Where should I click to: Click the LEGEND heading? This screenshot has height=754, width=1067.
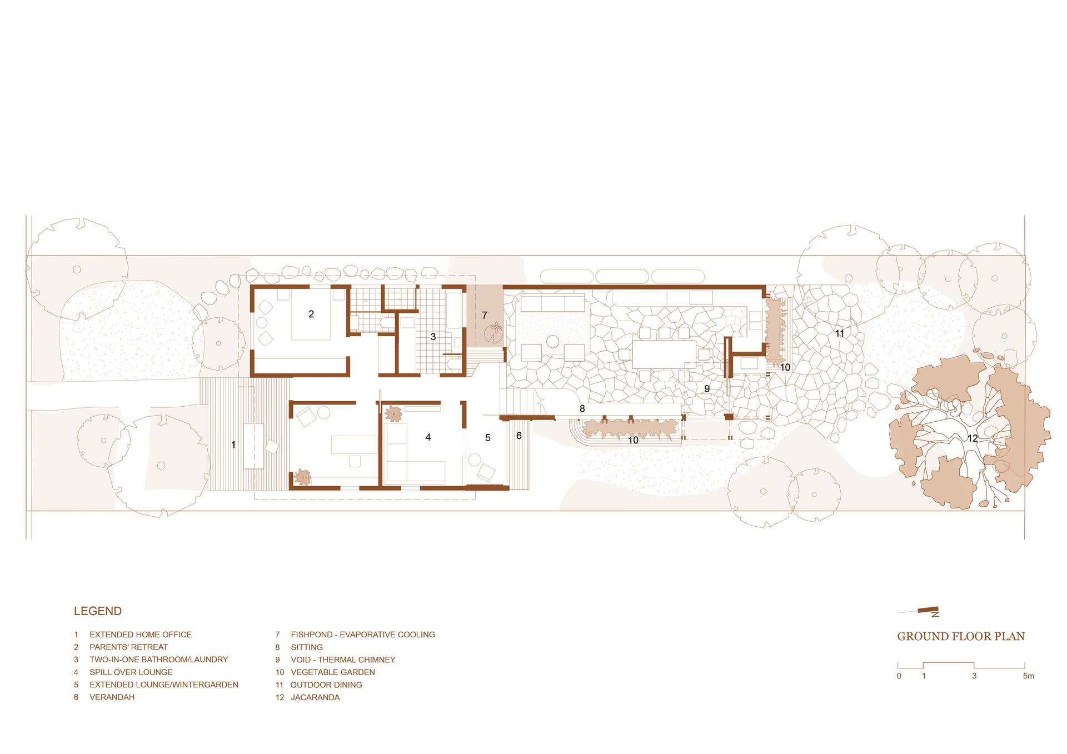point(98,611)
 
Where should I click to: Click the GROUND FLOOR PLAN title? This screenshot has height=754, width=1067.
point(961,637)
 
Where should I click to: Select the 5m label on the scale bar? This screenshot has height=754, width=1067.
point(1028,676)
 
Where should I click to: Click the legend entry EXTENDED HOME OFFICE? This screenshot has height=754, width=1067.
point(141,635)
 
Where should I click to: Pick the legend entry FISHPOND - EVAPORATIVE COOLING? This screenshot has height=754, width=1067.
point(363,635)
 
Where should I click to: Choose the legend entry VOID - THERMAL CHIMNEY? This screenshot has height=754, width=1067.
point(343,660)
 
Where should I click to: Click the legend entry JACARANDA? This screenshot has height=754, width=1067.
point(315,697)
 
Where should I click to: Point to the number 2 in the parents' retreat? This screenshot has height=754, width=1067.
point(311,314)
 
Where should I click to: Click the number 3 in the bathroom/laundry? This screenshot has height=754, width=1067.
point(433,337)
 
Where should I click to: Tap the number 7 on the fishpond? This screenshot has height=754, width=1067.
point(484,316)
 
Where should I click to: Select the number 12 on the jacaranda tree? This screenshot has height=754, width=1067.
point(973,438)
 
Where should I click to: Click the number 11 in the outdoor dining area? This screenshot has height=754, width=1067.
point(840,333)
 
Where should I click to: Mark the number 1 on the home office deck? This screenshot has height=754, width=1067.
point(233,445)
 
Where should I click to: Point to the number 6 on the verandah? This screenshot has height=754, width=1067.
point(519,436)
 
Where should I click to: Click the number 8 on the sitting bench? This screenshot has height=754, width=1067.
point(582,408)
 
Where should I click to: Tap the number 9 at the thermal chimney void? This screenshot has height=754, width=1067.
point(707,389)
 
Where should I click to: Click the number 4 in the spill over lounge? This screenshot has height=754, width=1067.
point(428,437)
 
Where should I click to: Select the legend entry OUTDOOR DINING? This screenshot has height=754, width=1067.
point(326,685)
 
